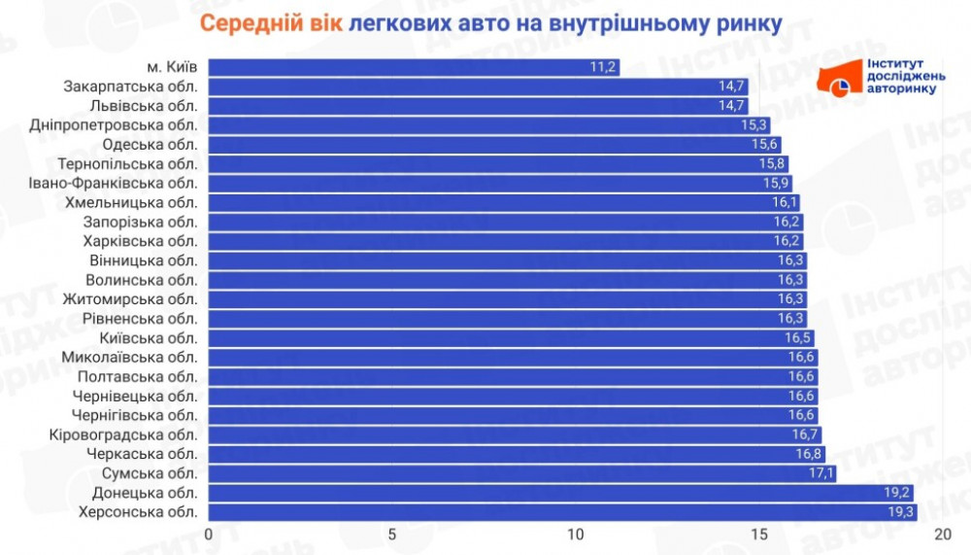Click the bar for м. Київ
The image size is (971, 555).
pos(413,67)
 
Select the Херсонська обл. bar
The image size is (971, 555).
pos(563,512)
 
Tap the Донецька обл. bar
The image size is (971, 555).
pos(561,493)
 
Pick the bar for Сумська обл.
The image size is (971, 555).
pos(522,473)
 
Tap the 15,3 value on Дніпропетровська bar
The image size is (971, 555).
pos(753,125)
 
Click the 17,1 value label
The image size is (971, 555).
pos(820,473)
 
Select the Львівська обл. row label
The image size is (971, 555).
pos(143,106)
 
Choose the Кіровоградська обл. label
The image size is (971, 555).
pos(123,434)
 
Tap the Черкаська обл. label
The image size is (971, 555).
pos(142,454)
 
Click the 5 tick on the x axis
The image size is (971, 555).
pos(392,535)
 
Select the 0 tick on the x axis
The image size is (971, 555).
pos(209,535)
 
